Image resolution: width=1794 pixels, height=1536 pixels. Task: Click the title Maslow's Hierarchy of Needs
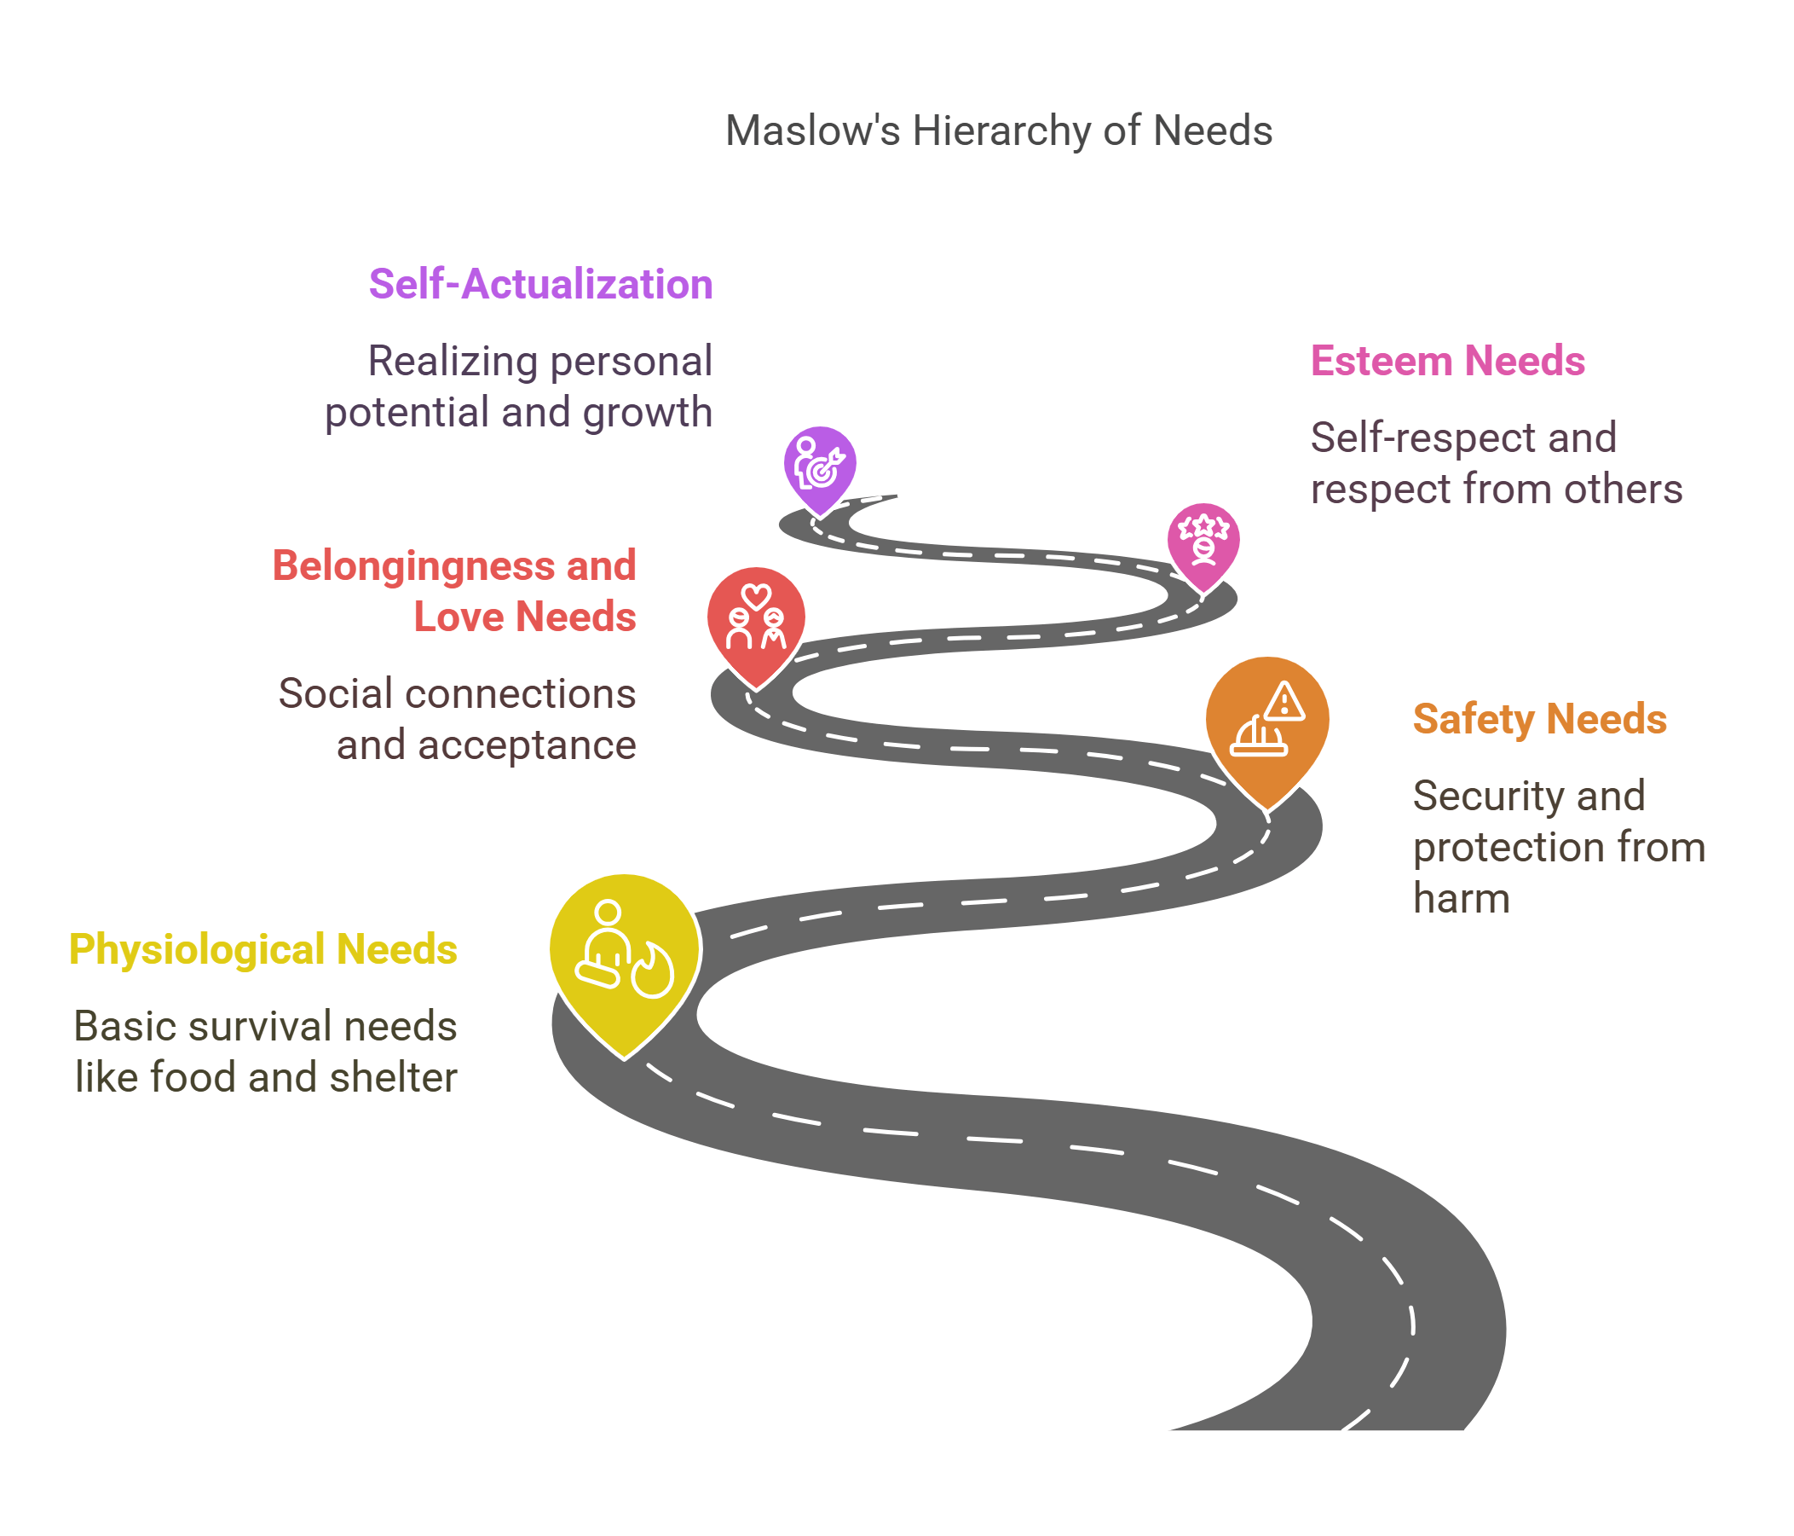[x=998, y=130]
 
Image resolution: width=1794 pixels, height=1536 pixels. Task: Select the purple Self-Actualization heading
[x=540, y=284]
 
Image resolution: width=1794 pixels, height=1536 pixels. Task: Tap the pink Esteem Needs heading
[x=1447, y=361]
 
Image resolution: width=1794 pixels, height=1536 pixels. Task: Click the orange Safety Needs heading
[x=1538, y=718]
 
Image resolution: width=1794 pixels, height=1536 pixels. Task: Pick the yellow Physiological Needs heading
[x=263, y=948]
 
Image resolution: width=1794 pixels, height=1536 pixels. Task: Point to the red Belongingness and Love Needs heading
[x=454, y=591]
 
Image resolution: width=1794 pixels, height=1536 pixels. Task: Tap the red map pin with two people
[x=756, y=619]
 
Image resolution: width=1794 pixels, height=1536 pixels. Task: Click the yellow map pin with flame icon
[x=625, y=953]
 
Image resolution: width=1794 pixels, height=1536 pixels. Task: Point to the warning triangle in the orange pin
[x=1284, y=703]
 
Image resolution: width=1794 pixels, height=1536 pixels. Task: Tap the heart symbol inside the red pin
[x=756, y=596]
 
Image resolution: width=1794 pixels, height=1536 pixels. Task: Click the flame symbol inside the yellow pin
[x=652, y=972]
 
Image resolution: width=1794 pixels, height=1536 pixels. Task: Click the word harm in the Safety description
[x=1461, y=897]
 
